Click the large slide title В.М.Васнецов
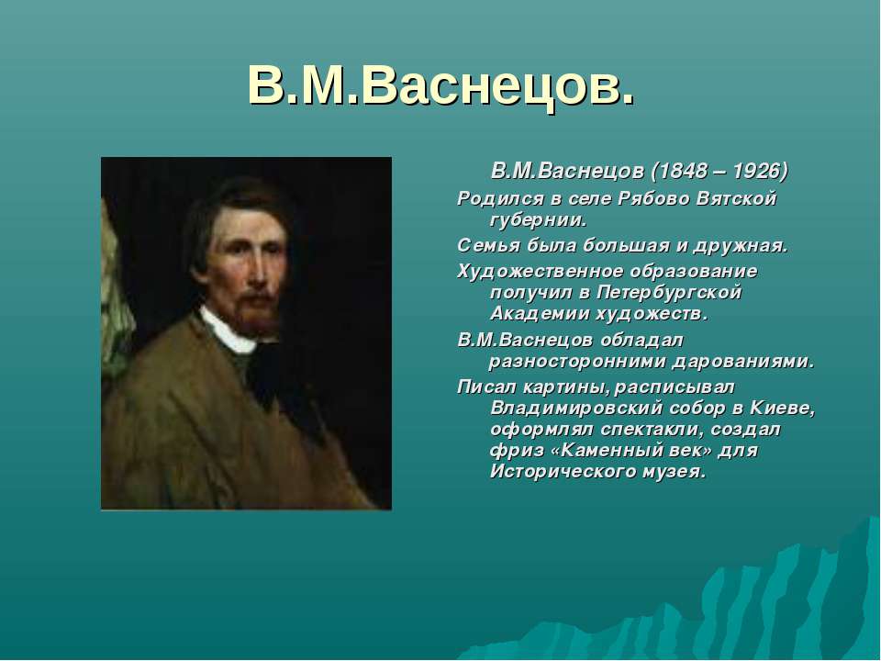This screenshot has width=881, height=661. [441, 87]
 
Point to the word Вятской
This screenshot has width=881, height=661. [736, 198]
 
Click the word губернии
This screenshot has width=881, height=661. [539, 220]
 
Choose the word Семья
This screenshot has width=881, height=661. [488, 246]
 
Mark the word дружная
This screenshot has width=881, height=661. [741, 246]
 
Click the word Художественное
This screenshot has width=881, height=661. [540, 271]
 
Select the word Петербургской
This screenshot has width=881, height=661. [669, 293]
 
